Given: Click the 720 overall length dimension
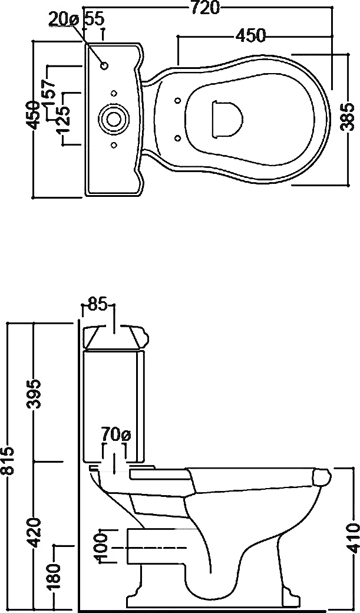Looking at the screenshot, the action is [x=206, y=8].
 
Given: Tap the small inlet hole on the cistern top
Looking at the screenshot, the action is [x=104, y=65].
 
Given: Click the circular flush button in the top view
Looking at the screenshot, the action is [x=113, y=118].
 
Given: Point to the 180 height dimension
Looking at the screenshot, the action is [x=56, y=576].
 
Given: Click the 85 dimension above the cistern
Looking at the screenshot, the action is [x=98, y=305].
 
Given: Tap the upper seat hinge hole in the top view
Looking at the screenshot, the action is [x=177, y=100].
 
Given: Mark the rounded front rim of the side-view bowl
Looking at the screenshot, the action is [x=322, y=478].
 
